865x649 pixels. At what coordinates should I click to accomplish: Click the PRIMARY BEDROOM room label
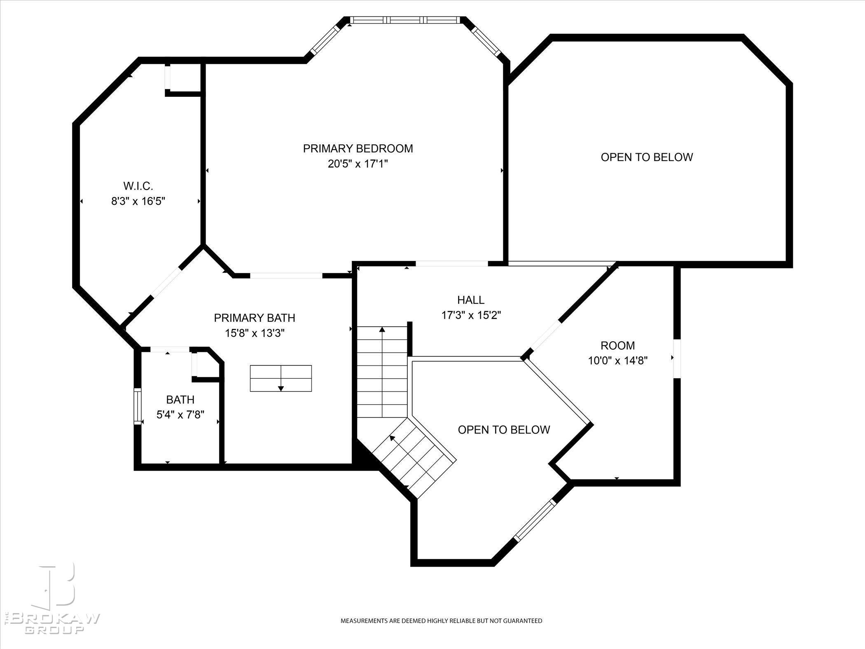[358, 148]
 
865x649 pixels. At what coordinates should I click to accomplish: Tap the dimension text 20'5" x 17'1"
[358, 164]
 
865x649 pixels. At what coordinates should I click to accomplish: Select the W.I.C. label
[138, 186]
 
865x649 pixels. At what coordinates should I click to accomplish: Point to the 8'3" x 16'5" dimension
[138, 201]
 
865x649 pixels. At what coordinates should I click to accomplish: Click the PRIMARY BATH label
[255, 318]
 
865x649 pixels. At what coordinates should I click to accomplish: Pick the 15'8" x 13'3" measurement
[255, 333]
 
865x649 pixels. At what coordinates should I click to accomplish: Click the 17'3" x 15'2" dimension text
[471, 315]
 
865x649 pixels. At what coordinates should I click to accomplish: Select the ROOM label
[617, 345]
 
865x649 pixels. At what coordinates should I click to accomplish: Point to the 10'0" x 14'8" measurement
[617, 361]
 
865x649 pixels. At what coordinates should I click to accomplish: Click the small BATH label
[180, 399]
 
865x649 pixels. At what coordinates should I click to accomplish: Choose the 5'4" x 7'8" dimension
[180, 415]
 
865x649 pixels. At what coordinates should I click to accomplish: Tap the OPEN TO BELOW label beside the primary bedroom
[647, 157]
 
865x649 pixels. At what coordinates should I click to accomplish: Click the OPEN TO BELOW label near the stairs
[504, 430]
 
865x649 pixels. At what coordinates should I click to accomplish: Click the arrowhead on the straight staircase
[382, 329]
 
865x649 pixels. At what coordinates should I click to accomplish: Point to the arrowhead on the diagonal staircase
[393, 438]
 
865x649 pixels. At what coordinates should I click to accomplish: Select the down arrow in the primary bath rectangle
[281, 388]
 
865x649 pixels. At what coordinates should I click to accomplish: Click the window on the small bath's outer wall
[138, 406]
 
